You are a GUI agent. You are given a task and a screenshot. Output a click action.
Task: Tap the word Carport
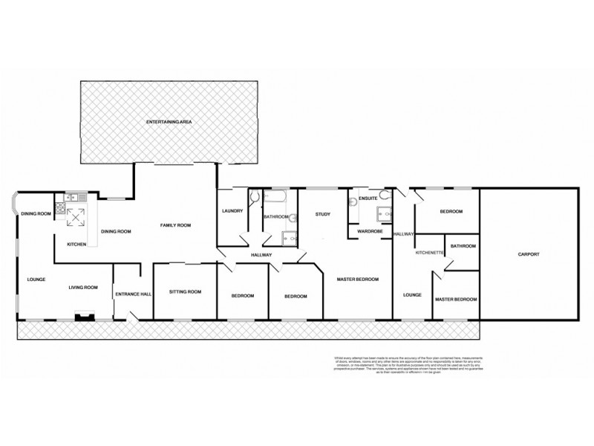point(528,254)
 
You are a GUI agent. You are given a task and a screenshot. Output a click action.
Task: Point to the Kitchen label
point(77,244)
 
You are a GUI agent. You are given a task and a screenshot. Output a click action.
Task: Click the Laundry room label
point(232,211)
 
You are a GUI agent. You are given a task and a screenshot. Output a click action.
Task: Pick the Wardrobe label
point(369,231)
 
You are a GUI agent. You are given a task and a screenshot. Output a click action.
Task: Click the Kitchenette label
point(430,253)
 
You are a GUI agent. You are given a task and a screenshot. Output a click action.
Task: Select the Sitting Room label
point(185,291)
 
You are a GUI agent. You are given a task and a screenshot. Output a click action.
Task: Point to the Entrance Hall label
point(134,294)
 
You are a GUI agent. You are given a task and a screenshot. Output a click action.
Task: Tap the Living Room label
point(84,287)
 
